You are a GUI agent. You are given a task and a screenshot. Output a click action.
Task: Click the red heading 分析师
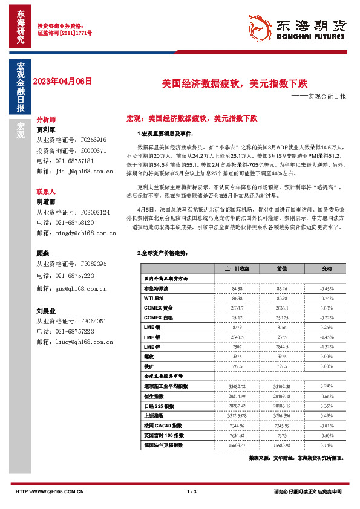(x=46, y=120)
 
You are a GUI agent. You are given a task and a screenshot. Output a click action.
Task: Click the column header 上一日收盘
(x=237, y=268)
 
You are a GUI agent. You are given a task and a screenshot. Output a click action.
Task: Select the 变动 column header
(x=327, y=268)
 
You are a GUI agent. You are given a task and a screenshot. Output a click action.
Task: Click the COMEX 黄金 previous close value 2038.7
(x=237, y=308)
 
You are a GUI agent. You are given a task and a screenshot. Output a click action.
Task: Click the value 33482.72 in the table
(x=237, y=386)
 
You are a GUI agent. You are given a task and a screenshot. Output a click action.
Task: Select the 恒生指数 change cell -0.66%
(x=327, y=395)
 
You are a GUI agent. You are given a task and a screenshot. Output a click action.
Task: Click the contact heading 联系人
(x=46, y=190)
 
